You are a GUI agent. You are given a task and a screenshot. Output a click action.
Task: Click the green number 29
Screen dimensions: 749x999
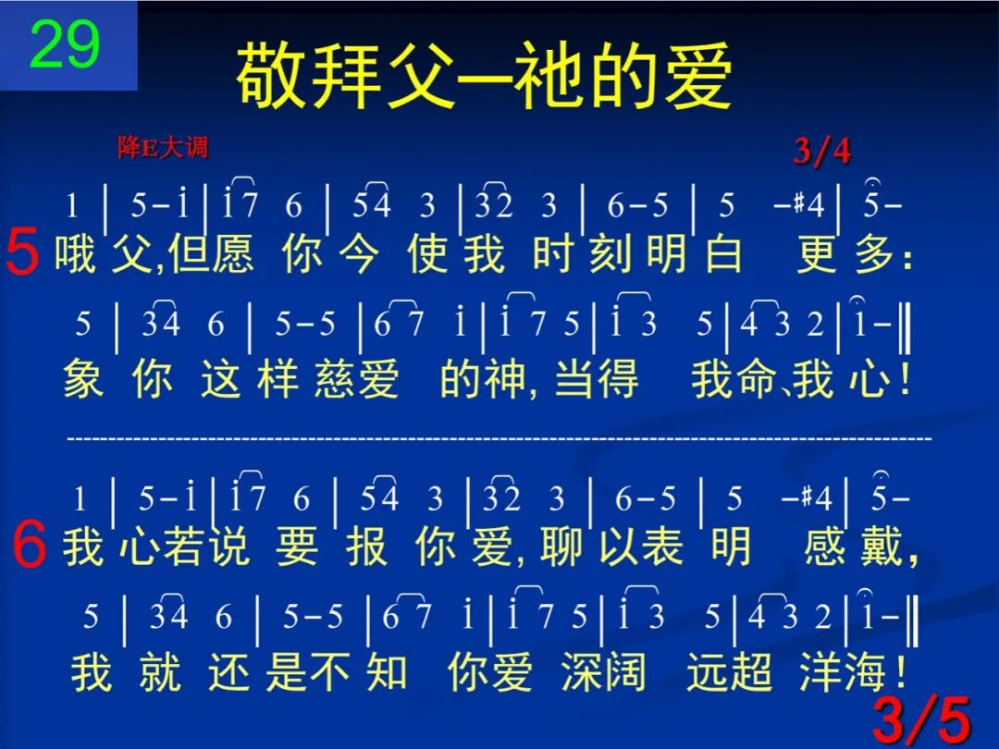click(x=65, y=45)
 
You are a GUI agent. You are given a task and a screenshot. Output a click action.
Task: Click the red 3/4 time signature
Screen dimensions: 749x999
click(x=821, y=151)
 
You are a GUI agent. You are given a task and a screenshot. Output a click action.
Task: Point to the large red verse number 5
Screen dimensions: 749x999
click(x=22, y=253)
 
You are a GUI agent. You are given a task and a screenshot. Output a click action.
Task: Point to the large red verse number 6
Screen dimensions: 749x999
click(x=30, y=546)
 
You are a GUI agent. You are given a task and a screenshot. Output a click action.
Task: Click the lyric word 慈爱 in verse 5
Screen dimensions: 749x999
click(x=356, y=379)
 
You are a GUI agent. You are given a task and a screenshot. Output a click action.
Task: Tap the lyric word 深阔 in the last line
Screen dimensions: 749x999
click(x=602, y=671)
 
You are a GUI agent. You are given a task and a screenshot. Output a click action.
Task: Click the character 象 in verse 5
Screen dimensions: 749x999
click(x=83, y=379)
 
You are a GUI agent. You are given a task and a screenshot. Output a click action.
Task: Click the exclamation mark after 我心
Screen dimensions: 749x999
click(x=904, y=379)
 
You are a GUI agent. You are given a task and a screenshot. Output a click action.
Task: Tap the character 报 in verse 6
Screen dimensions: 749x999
click(x=366, y=547)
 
